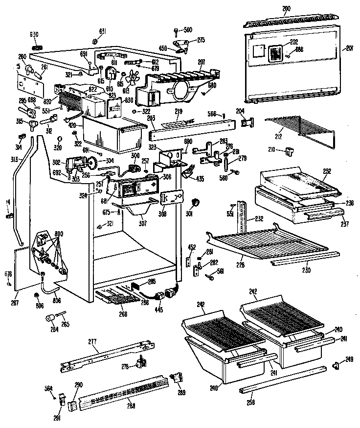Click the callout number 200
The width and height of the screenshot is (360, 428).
[286, 9]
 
